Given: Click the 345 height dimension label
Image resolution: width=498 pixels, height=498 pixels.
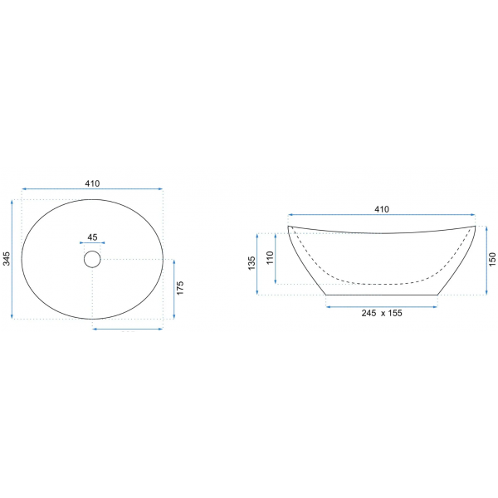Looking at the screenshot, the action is [x=7, y=258].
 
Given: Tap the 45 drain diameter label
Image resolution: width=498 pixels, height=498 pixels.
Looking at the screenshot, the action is [x=92, y=237].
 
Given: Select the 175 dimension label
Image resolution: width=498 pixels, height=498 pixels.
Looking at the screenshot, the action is [x=180, y=288].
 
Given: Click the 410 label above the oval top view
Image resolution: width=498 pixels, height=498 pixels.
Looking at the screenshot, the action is [x=92, y=183].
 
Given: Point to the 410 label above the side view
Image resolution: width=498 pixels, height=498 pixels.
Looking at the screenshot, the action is [x=382, y=209].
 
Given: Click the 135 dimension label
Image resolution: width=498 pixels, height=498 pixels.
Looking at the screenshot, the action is [x=251, y=263].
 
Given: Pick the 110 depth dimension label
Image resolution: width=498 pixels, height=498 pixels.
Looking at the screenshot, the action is [x=270, y=257].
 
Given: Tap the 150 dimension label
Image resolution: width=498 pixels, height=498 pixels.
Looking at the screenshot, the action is [x=492, y=259].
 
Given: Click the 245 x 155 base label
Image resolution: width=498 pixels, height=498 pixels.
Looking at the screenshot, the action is [x=382, y=313].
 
